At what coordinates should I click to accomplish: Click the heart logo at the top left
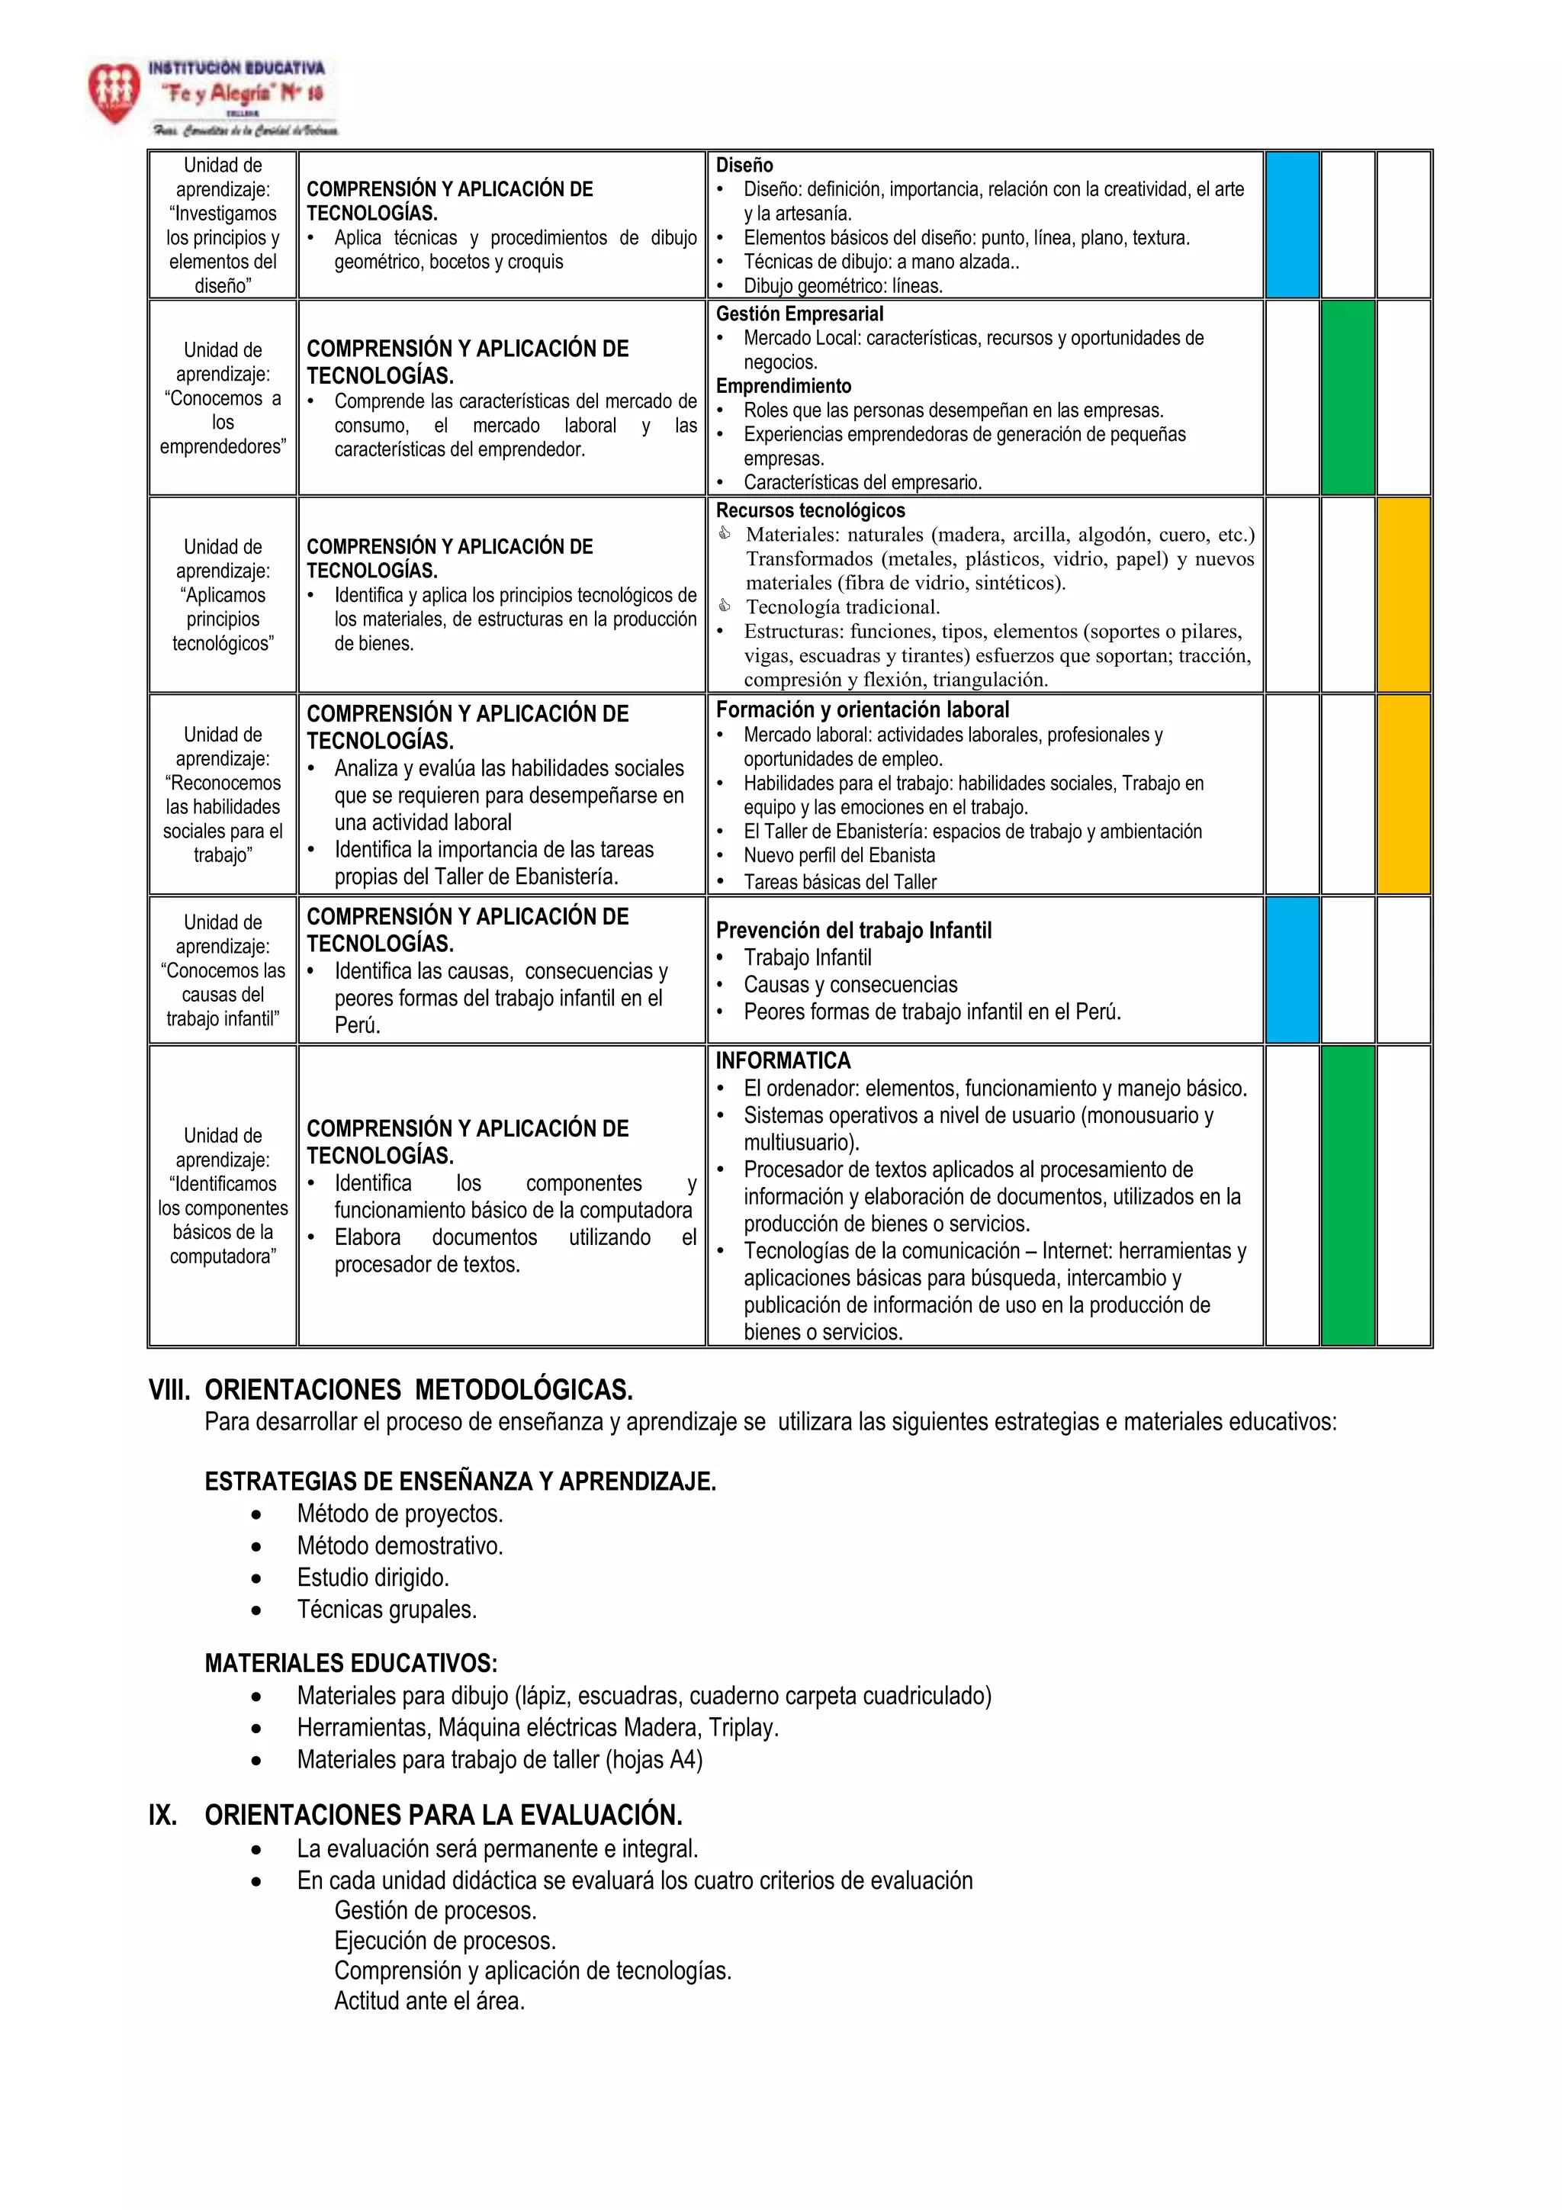point(114,92)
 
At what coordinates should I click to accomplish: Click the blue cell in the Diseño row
point(1291,224)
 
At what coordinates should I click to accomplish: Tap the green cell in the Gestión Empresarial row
point(1348,397)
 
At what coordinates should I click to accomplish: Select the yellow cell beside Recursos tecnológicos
point(1403,594)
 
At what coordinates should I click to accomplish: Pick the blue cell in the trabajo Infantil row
point(1291,970)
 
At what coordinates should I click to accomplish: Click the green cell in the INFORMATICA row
point(1348,1195)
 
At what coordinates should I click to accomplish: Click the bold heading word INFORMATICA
point(783,1060)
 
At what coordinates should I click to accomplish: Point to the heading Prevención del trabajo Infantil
point(853,930)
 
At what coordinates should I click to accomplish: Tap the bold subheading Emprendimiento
point(783,386)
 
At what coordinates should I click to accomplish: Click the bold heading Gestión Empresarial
point(799,314)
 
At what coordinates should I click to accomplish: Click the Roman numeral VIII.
point(169,1390)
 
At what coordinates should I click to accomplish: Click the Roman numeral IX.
point(162,1816)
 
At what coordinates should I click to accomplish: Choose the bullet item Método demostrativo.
point(400,1546)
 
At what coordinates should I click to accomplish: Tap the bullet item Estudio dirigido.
point(372,1578)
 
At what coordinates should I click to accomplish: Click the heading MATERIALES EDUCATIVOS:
point(350,1663)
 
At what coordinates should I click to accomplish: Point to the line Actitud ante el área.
point(429,2001)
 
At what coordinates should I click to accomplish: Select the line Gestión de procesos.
point(435,1911)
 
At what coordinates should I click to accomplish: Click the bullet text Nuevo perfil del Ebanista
point(838,856)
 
